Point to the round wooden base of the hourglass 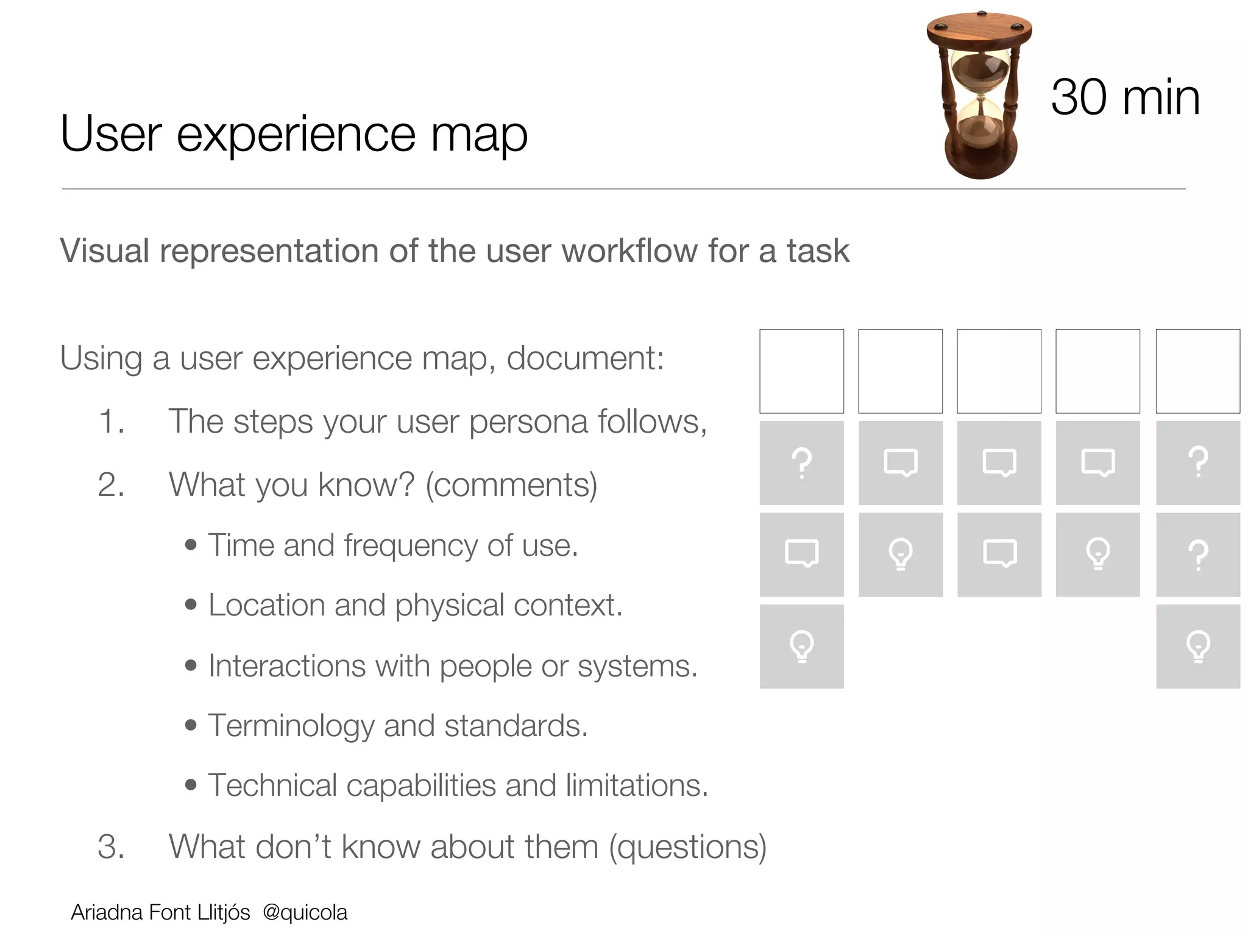[x=980, y=161]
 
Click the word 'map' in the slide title [x=479, y=135]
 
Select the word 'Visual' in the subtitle [x=105, y=250]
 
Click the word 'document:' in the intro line [x=585, y=358]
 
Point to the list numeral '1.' [x=112, y=422]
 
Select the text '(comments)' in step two [x=511, y=486]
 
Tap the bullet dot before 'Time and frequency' [x=191, y=545]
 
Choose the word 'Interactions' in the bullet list [x=286, y=665]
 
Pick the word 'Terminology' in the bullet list [x=291, y=726]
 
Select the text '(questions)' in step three [x=687, y=847]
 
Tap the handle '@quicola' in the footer [x=305, y=912]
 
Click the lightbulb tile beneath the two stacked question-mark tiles [x=1197, y=647]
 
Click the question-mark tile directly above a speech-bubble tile [x=801, y=463]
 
